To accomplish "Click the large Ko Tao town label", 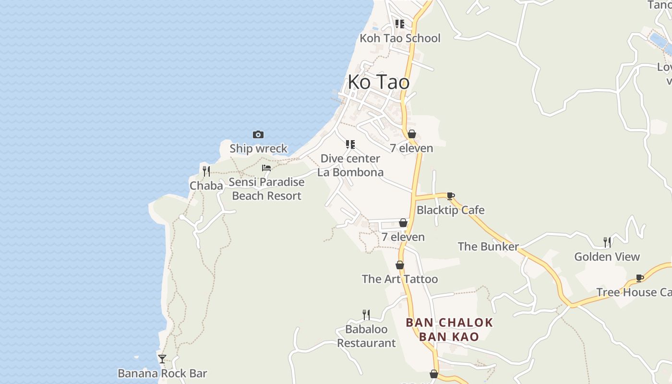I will (x=379, y=82).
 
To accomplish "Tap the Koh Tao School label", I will (x=400, y=38).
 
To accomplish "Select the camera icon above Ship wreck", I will (x=258, y=135).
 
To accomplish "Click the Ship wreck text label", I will (x=258, y=148).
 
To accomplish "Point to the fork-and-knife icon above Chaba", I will (x=206, y=171).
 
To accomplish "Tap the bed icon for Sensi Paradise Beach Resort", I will (x=266, y=168).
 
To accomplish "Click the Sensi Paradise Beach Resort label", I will (x=266, y=189).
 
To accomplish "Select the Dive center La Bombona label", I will (x=350, y=166).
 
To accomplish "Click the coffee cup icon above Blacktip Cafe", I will (x=450, y=196).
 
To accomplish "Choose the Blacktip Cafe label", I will (x=450, y=210).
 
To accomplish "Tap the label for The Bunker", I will (x=488, y=247).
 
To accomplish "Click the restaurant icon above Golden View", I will (x=607, y=242).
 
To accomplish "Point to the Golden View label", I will (x=607, y=257).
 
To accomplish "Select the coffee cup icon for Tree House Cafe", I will (x=640, y=278).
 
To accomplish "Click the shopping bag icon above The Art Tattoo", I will (x=400, y=265).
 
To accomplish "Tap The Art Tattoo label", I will (x=400, y=279).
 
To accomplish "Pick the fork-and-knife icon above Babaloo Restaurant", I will (x=366, y=315).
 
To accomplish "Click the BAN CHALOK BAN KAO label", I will (x=449, y=329).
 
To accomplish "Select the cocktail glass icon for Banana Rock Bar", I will (x=162, y=359).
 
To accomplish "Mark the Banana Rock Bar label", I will (x=162, y=373).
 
